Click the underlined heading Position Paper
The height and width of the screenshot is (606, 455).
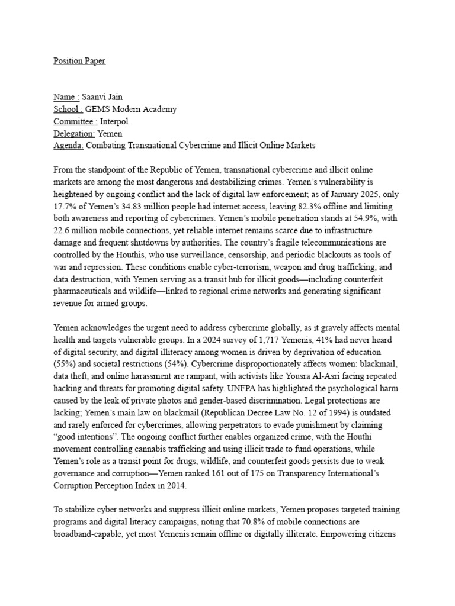(x=79, y=61)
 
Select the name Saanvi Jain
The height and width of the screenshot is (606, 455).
(x=102, y=97)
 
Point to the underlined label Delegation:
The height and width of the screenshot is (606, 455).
(x=74, y=133)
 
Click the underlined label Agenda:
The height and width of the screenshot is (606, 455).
(x=69, y=145)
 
